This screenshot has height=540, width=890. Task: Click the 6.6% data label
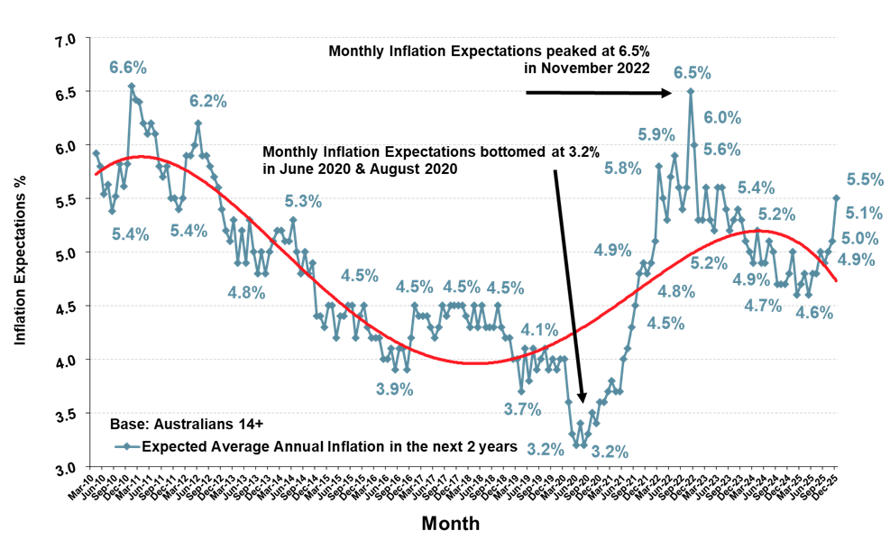tap(128, 68)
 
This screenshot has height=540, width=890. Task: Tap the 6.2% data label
tap(207, 102)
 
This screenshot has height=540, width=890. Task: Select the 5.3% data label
tap(303, 202)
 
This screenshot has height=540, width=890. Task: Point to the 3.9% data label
tap(394, 389)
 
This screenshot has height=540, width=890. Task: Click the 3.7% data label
tap(522, 409)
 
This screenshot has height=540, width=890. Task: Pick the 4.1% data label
tap(539, 330)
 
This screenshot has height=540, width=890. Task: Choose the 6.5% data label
tap(693, 73)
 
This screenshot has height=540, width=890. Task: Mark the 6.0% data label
tap(722, 117)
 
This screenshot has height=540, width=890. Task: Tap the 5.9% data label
tap(656, 134)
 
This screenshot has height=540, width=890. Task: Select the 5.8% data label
tap(623, 169)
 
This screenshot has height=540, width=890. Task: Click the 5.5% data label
tap(865, 179)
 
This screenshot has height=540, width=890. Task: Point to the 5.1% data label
tap(865, 214)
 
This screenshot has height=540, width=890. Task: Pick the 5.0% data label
tap(859, 238)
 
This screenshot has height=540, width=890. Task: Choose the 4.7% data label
tap(763, 306)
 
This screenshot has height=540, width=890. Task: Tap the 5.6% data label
tap(722, 151)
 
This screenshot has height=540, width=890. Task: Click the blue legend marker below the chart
tap(127, 446)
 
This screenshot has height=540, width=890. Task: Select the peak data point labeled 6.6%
tap(131, 87)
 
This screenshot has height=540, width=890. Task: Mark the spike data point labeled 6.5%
tap(691, 90)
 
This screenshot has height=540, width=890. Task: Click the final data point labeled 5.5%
tap(837, 197)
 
